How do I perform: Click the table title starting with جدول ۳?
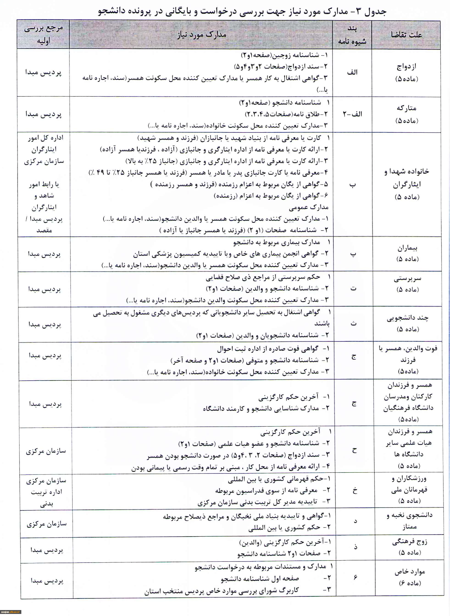pos(242,11)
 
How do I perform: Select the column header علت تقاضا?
pos(406,35)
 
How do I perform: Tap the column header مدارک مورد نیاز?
pos(202,35)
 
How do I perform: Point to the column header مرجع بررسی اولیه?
pos(44,35)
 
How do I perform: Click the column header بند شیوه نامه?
pos(352,35)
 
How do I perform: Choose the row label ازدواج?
pos(406,67)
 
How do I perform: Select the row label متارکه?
pos(406,108)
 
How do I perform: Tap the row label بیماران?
pos(407,248)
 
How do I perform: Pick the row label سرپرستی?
pos(407,278)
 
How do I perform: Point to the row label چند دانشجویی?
pos(408,318)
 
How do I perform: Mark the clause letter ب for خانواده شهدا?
pos(353,184)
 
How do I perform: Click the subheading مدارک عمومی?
pos(309,207)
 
